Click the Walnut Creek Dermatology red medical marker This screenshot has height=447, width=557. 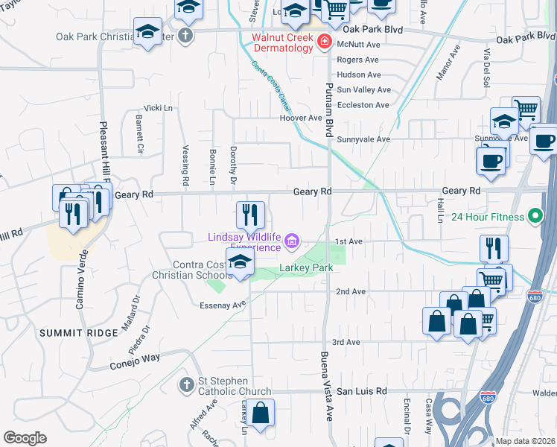coord(324,42)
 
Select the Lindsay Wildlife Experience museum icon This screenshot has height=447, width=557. coord(291,241)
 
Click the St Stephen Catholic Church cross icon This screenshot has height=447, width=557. coord(186,384)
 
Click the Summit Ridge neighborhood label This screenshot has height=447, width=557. coord(78,332)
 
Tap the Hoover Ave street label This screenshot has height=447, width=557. coord(300,118)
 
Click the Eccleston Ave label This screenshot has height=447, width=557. coord(363,105)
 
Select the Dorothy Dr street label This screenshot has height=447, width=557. coord(233,165)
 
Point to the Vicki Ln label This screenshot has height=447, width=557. coord(158,108)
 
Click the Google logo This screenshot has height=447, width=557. coord(25,438)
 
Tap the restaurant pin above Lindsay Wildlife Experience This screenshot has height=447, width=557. coord(251,215)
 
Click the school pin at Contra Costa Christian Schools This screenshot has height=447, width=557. coord(240,261)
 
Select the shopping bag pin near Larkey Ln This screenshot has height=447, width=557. coord(261,412)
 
